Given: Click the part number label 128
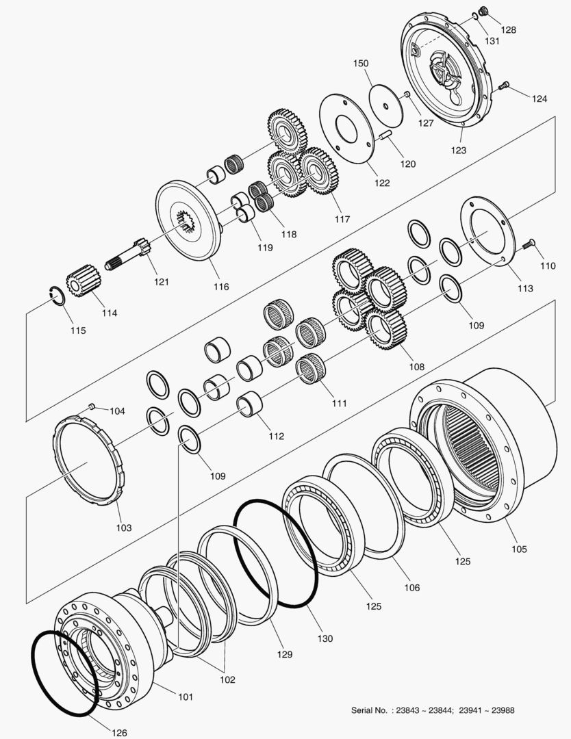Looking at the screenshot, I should [508, 30].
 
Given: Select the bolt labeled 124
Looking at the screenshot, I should [505, 86].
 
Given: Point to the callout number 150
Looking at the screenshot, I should [361, 64].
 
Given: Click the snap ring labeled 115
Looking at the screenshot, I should [60, 295].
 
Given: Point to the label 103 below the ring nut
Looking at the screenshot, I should [123, 528].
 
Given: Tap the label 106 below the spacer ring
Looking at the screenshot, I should [411, 587].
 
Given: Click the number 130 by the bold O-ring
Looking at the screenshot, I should [325, 638].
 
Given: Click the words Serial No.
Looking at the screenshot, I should [371, 710].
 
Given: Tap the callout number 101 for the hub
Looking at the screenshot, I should [186, 697].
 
